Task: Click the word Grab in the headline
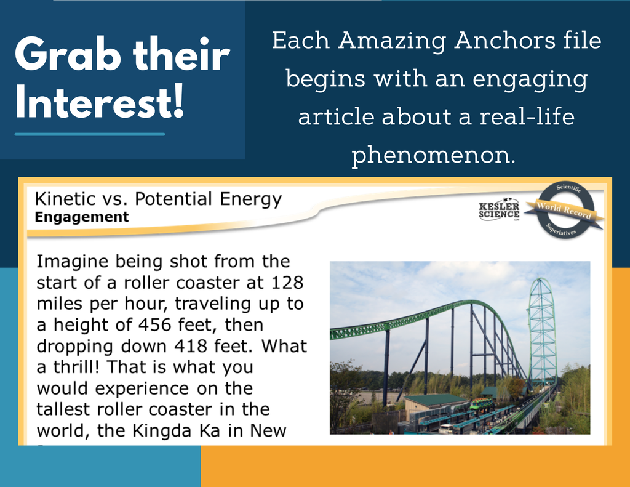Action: [68, 55]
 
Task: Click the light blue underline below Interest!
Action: [90, 134]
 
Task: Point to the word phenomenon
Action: [433, 155]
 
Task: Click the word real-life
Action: [527, 116]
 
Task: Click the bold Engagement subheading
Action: [82, 217]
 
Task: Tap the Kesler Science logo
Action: [499, 211]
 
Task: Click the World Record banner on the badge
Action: [565, 211]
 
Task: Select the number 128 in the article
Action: [287, 283]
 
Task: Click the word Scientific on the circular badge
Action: [568, 188]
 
